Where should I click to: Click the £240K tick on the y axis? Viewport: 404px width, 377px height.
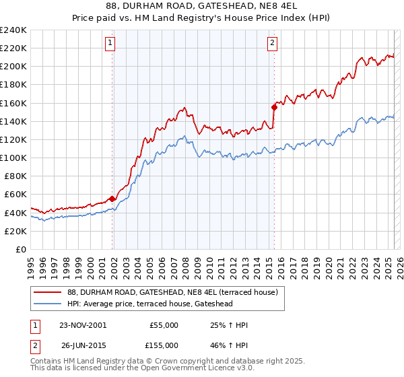pyautogui.click(x=13, y=30)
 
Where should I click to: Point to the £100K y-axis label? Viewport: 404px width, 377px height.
pyautogui.click(x=13, y=158)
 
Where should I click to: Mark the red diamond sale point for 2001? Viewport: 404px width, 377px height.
pyautogui.click(x=112, y=199)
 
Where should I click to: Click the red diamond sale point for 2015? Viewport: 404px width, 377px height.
pyautogui.click(x=274, y=107)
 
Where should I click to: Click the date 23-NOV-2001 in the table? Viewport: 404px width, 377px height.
pyautogui.click(x=83, y=325)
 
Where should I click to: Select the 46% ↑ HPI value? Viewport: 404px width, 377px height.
pyautogui.click(x=230, y=345)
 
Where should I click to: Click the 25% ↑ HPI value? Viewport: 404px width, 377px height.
pyautogui.click(x=230, y=325)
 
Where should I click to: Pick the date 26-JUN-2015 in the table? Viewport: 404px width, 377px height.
pyautogui.click(x=83, y=345)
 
